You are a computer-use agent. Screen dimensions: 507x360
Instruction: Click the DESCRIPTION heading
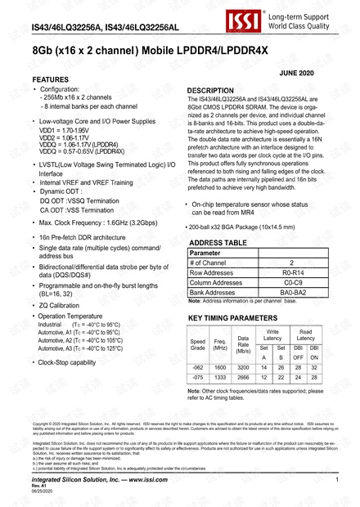tap(216, 90)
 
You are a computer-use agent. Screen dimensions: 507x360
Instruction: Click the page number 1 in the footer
tap(337, 489)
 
